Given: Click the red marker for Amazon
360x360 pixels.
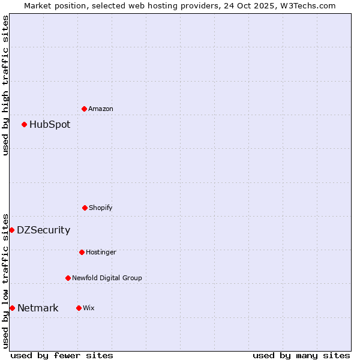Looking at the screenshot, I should (x=84, y=109).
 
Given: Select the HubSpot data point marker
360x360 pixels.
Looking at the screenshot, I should (x=24, y=124).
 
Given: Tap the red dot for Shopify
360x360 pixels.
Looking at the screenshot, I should (x=85, y=208).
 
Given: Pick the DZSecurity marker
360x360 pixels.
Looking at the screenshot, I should (x=11, y=230).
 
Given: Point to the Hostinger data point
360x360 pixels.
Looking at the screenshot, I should (x=82, y=252).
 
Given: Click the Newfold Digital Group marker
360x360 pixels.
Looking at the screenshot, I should (x=68, y=278).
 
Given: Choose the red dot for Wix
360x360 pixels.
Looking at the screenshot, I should (x=79, y=308).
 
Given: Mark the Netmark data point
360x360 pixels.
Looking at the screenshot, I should (x=12, y=308).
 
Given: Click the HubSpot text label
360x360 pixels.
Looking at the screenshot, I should (x=50, y=125).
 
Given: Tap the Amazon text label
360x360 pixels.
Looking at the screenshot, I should (x=101, y=109).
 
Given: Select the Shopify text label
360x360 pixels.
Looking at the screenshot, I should (x=101, y=208).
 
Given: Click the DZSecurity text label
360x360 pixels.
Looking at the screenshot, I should (x=43, y=230).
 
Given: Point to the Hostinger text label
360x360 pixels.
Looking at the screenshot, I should (x=101, y=253).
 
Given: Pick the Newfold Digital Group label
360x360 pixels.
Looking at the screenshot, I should (x=107, y=278).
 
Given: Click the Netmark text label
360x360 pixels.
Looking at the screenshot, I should (x=38, y=308).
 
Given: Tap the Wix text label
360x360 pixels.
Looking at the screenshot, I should (x=89, y=308).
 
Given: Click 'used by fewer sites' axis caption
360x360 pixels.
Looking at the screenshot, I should (x=62, y=355).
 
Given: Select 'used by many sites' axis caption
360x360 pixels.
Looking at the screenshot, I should (x=301, y=355).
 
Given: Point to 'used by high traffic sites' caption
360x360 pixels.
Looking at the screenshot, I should (x=5, y=85).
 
